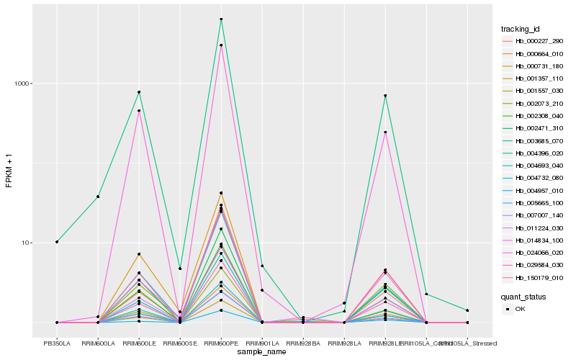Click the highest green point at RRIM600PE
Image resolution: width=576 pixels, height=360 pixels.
221,19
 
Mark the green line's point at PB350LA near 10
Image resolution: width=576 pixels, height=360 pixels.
57,242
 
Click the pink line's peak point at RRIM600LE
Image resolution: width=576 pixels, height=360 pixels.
139,111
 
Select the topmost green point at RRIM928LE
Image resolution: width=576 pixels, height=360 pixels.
385,96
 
